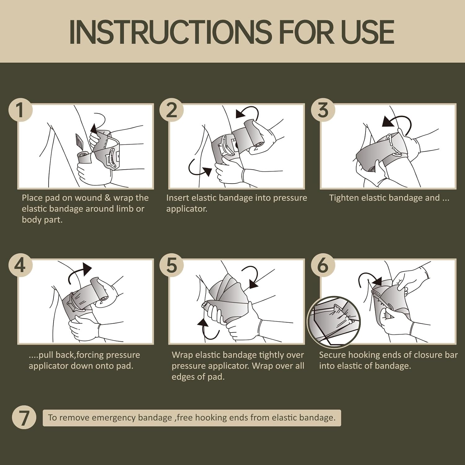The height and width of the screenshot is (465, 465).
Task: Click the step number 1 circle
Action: (x=20, y=110)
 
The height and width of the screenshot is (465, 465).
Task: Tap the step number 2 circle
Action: (x=171, y=110)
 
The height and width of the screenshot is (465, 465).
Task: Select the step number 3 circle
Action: (x=323, y=110)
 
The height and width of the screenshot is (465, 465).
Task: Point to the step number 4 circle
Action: (x=20, y=265)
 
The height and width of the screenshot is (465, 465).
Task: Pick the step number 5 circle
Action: (x=171, y=265)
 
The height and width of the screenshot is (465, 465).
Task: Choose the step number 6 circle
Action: (x=323, y=265)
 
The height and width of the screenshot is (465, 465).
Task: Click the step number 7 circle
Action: (x=24, y=417)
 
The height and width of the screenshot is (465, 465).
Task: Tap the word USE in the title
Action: (x=367, y=32)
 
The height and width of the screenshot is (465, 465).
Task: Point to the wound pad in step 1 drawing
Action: (x=79, y=142)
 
